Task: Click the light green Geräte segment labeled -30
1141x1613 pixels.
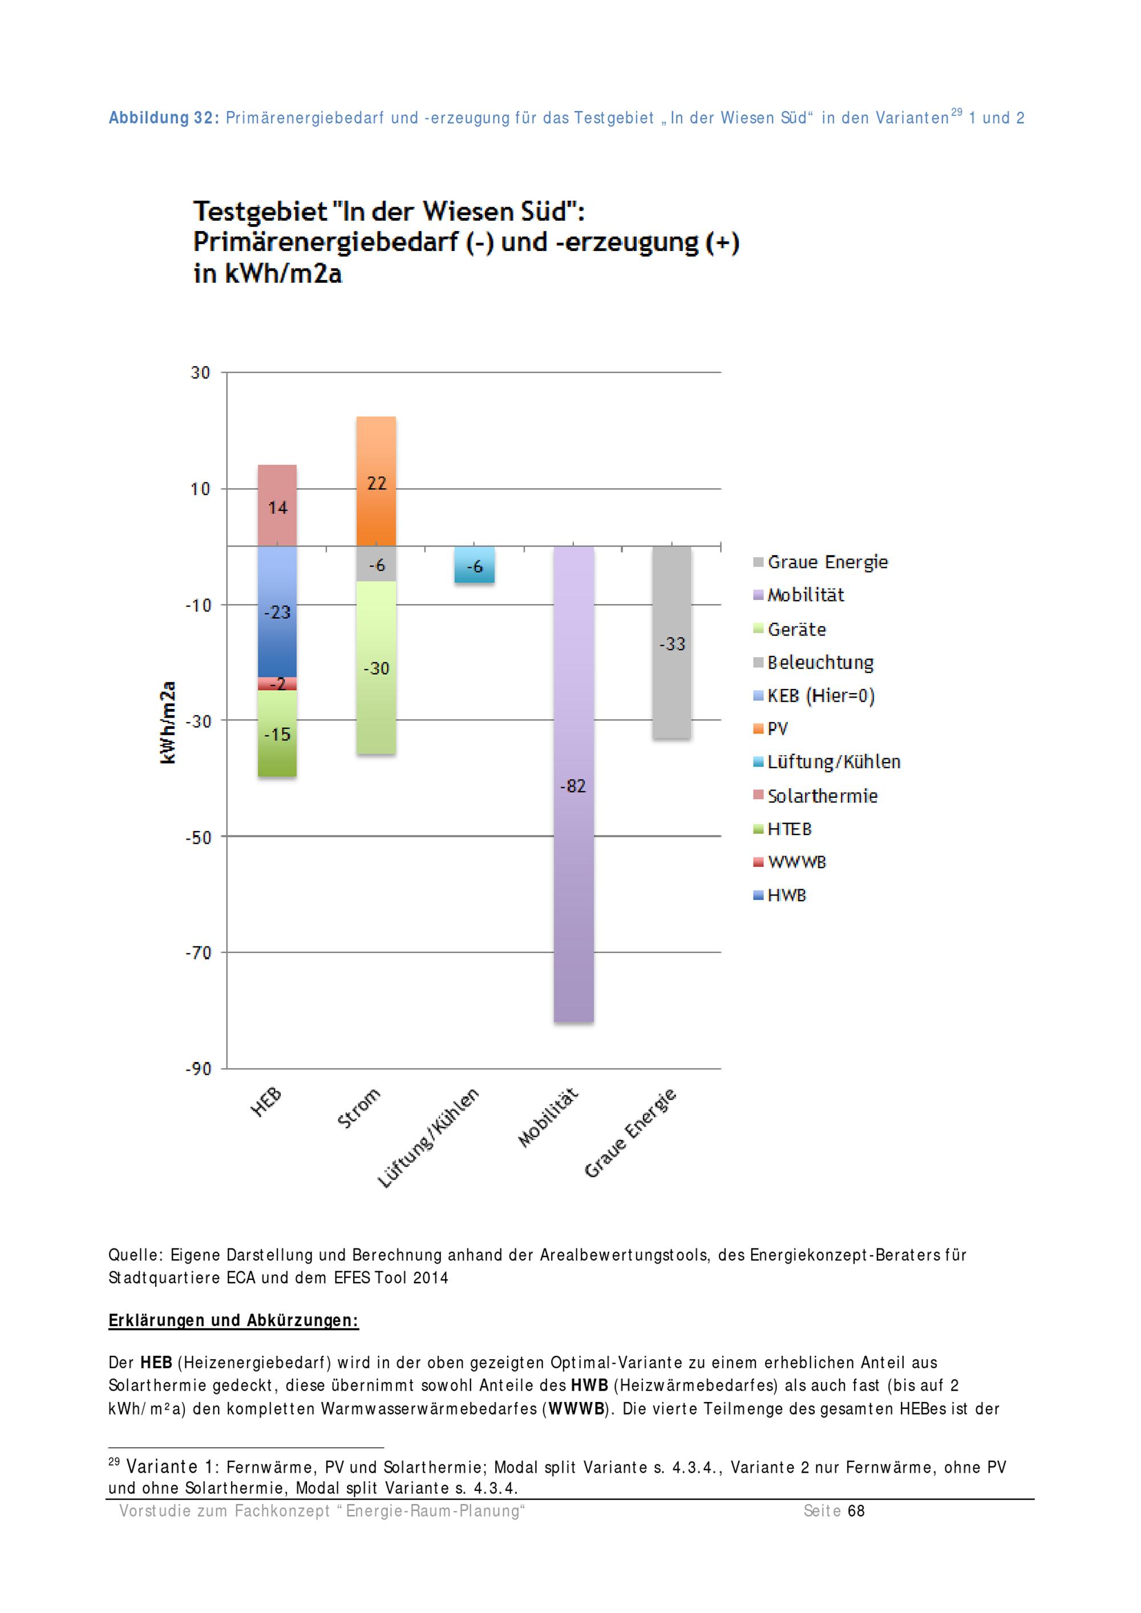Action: coord(376,667)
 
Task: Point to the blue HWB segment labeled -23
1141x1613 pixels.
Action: coord(277,612)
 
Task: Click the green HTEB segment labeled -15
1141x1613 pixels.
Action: coord(277,733)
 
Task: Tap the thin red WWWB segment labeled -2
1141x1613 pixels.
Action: coord(277,683)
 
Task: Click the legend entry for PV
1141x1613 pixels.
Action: coord(777,728)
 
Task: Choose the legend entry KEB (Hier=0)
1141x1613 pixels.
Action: coord(820,695)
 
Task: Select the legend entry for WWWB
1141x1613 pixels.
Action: coord(796,862)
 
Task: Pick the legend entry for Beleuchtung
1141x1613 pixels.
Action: coord(820,663)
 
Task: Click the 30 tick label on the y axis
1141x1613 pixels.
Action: coord(200,373)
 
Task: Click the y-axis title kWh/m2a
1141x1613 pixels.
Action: coord(168,722)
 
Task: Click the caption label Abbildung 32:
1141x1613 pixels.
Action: coord(164,118)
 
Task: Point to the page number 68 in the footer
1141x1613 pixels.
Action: coord(856,1510)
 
